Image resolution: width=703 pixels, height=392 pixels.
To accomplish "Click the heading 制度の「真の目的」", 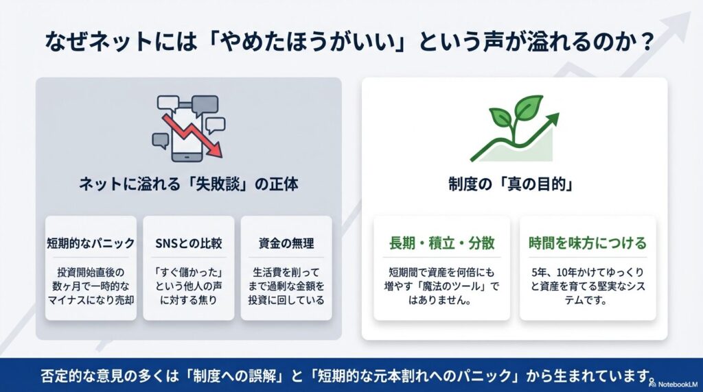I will pos(514,184).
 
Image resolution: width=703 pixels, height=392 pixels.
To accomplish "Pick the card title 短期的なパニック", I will pos(90,243).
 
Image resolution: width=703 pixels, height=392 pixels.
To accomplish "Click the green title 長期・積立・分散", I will pos(441,243).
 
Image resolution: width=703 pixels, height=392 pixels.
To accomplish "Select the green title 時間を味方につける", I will pos(588,243).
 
